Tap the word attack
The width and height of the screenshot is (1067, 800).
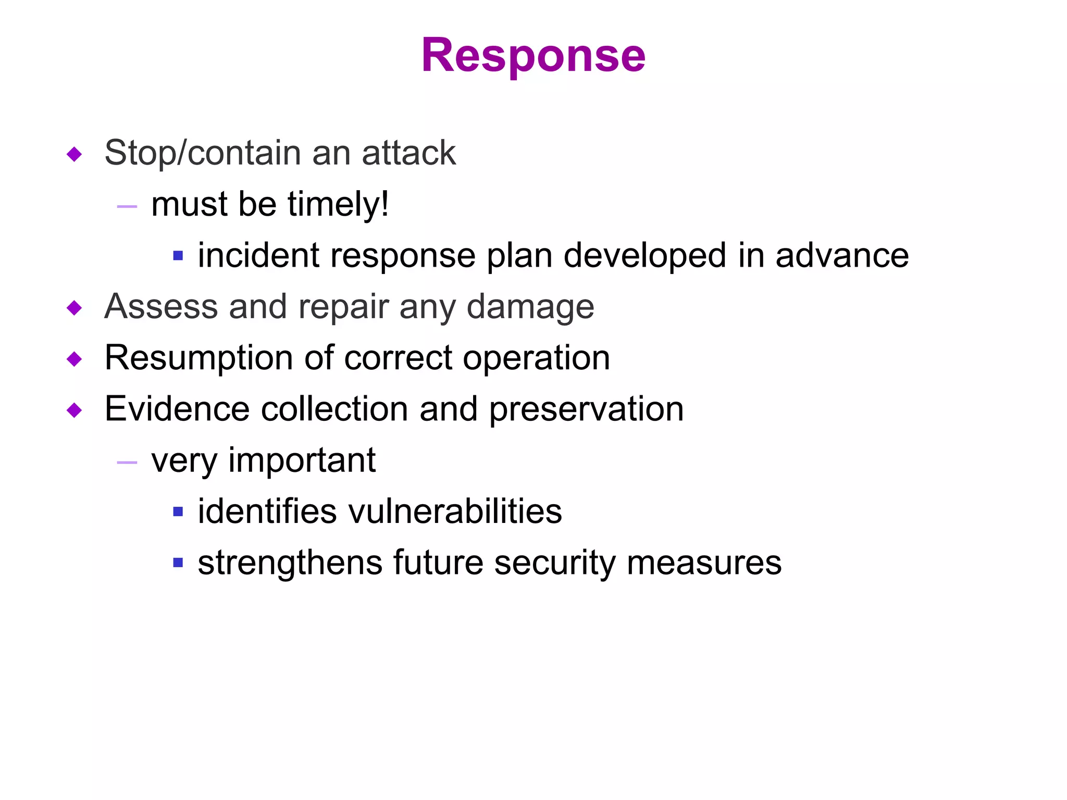[x=408, y=153]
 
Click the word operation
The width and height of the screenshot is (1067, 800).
[x=536, y=358]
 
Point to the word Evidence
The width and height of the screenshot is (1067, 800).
[x=177, y=409]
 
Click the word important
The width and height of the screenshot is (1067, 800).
[x=302, y=461]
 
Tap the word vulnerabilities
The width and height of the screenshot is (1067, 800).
[x=455, y=511]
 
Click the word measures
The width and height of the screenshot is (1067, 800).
[x=704, y=563]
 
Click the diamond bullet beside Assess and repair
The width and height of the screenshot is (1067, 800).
[x=75, y=308]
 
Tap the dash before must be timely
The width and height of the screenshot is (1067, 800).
[x=127, y=207]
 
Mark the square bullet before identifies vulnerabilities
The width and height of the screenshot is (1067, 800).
[x=178, y=512]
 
